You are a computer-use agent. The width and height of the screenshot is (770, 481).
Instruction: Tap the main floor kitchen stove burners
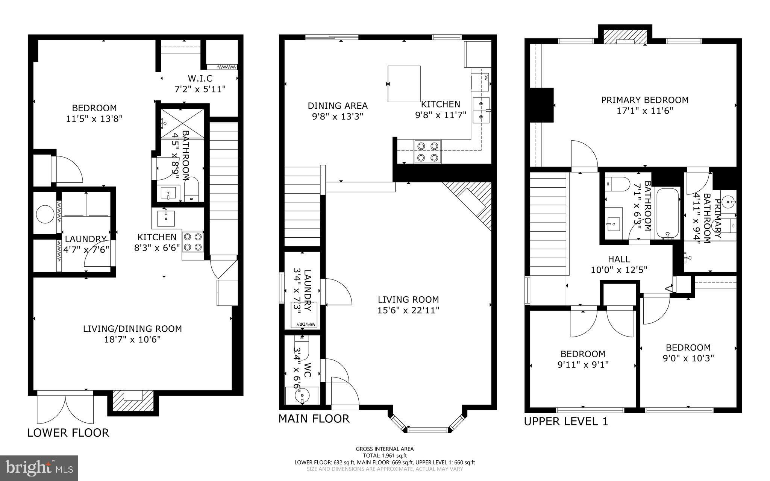click(427, 152)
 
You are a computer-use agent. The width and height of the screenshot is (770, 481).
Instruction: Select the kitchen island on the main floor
click(404, 83)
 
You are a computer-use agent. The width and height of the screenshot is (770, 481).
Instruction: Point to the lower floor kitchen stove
click(193, 241)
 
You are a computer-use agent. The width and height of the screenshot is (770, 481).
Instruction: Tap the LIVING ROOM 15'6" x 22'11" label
click(408, 305)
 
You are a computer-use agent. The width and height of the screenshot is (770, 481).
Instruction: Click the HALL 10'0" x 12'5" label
click(619, 264)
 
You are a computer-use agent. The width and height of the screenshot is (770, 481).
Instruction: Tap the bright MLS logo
click(39, 467)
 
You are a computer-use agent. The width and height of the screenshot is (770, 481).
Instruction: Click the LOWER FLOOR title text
click(68, 433)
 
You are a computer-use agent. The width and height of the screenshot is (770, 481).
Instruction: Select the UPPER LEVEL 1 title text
click(566, 422)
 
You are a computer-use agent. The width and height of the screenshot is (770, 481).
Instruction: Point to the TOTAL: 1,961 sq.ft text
click(385, 455)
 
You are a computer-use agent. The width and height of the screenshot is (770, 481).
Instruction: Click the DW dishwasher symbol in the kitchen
click(485, 77)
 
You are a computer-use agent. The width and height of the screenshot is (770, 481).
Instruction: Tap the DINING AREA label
click(338, 111)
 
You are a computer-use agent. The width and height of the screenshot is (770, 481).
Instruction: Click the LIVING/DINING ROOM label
click(132, 334)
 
